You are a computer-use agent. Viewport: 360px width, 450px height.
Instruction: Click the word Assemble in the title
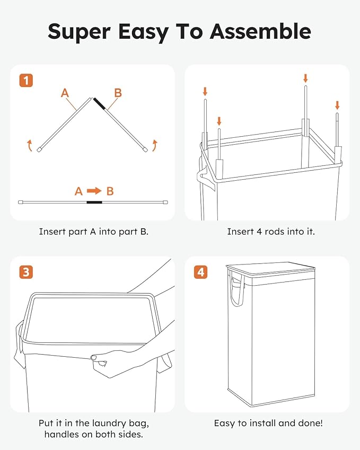[x=260, y=31]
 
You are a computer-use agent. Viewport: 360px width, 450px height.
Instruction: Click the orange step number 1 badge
[x=26, y=81]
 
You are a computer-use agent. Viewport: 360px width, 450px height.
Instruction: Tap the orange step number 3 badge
[x=26, y=272]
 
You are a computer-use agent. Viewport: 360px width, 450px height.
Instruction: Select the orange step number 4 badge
[x=200, y=272]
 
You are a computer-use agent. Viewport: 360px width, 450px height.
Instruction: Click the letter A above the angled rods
[x=65, y=93]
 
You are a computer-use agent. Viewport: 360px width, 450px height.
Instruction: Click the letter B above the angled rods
[x=118, y=93]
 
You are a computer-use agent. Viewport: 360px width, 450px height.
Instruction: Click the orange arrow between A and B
[x=94, y=191]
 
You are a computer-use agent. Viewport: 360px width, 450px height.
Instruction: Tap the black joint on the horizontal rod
[x=94, y=202]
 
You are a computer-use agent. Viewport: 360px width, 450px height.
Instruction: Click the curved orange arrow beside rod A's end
[x=30, y=144]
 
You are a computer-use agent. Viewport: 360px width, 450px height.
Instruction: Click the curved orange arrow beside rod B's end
[x=155, y=144]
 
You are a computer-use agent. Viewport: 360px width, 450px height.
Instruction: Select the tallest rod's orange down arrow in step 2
[x=305, y=78]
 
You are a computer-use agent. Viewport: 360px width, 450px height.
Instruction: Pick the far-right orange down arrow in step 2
[x=337, y=104]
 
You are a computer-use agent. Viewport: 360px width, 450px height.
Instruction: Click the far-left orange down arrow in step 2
[x=205, y=92]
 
